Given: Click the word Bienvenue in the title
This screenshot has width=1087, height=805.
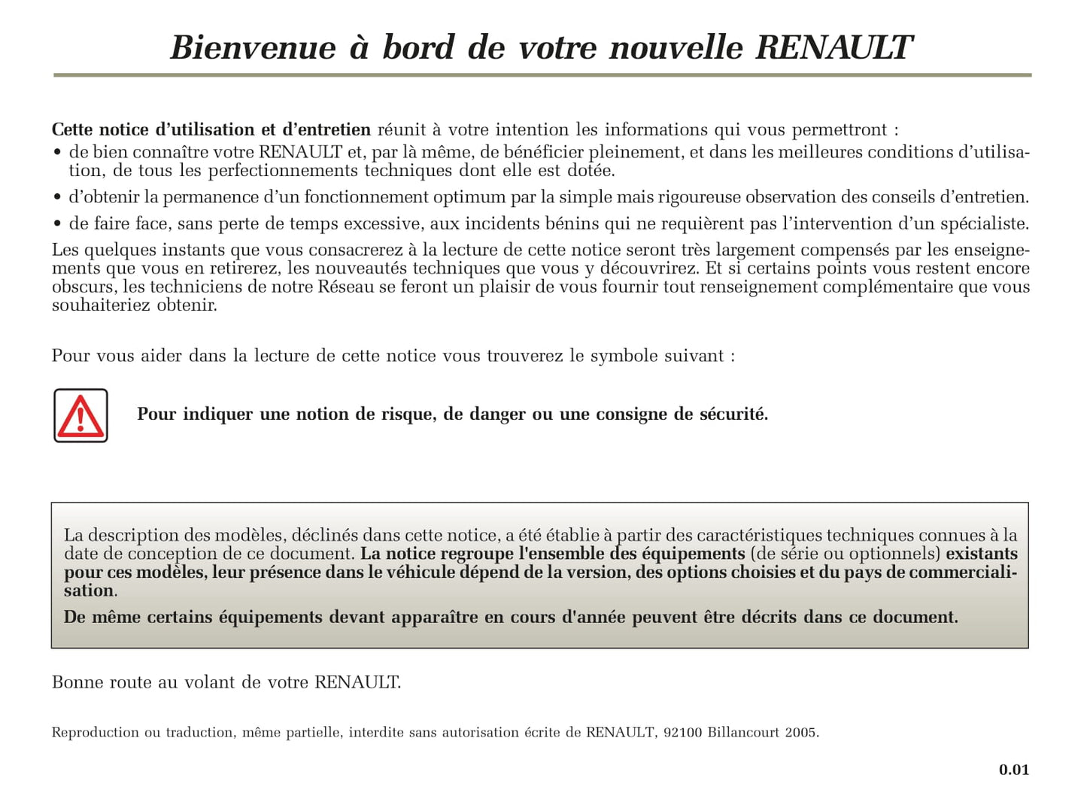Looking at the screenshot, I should tap(253, 48).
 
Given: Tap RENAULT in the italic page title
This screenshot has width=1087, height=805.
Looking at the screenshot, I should tap(833, 48).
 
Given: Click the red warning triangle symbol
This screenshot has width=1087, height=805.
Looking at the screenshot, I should tap(80, 416).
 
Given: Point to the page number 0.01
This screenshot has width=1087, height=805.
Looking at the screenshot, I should tap(1013, 770).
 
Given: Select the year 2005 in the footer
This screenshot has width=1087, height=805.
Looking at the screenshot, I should tap(801, 733).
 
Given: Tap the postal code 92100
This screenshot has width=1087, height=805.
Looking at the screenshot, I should tap(682, 733).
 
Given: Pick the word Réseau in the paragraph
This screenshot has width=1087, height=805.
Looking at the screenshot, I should tap(345, 287).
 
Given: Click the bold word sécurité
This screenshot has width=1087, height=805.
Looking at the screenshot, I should tap(733, 415).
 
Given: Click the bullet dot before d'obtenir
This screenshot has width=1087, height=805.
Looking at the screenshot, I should tap(57, 199).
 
